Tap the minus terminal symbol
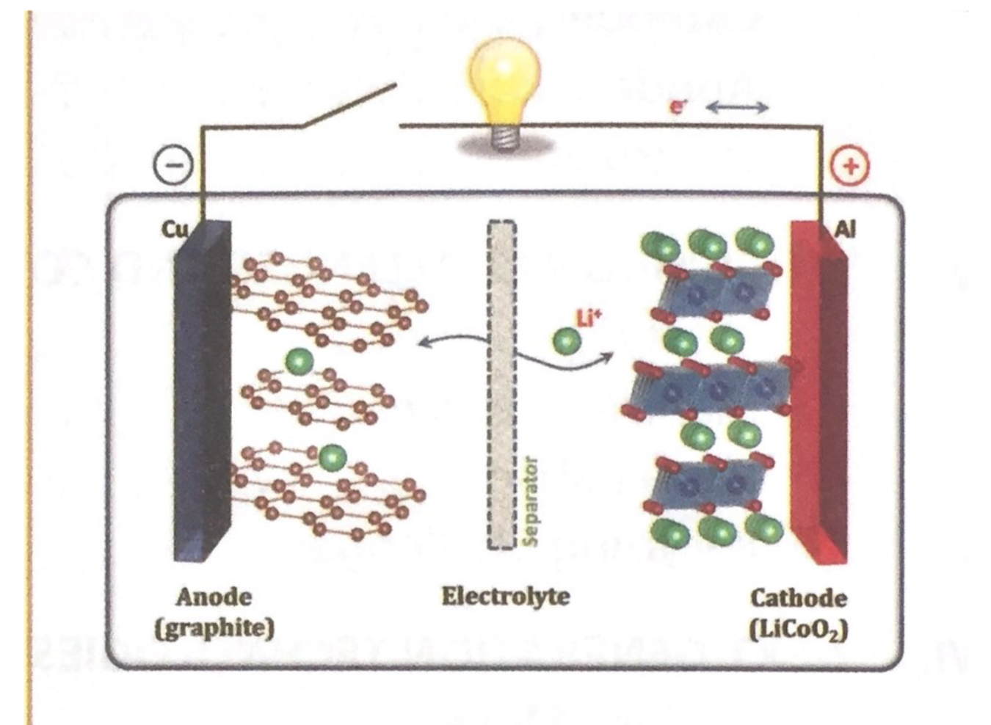click(x=173, y=165)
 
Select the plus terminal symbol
click(x=849, y=166)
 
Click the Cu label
click(x=174, y=230)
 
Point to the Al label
click(x=845, y=230)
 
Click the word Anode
click(x=214, y=597)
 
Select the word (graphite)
click(x=214, y=628)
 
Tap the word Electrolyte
click(x=505, y=596)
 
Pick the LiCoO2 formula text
click(x=799, y=630)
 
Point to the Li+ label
click(x=589, y=317)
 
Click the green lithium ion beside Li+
click(x=566, y=340)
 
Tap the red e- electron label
click(x=678, y=107)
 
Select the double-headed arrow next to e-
click(x=736, y=108)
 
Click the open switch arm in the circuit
click(x=349, y=106)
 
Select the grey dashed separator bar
click(x=501, y=385)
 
